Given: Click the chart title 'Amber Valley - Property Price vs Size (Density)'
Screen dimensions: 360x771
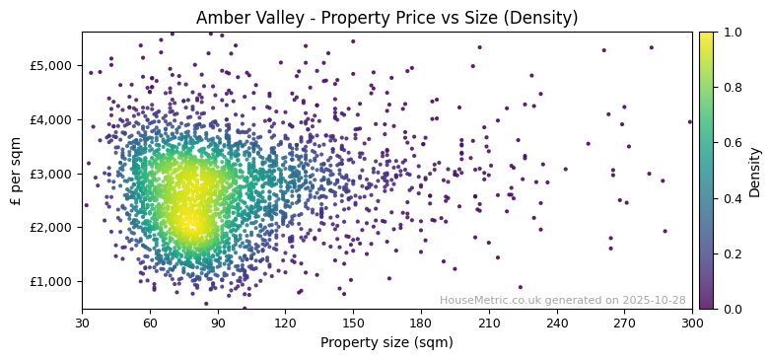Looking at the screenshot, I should click(x=386, y=18).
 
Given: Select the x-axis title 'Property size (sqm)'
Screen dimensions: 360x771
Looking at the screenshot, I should click(x=386, y=343).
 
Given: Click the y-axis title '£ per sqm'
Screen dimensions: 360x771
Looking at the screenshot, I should click(x=16, y=171).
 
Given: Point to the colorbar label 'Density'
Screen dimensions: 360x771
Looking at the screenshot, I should click(x=754, y=171).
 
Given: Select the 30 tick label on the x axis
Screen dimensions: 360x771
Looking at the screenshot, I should click(x=82, y=323).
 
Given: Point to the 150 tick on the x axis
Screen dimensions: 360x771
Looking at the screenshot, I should click(x=353, y=323).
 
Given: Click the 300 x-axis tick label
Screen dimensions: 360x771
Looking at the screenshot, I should click(x=692, y=323).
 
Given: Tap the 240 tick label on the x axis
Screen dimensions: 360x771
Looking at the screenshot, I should click(x=557, y=323).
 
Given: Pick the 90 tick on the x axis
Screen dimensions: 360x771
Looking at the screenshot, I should click(x=218, y=323).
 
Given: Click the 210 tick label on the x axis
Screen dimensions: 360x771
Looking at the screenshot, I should click(x=489, y=323).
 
